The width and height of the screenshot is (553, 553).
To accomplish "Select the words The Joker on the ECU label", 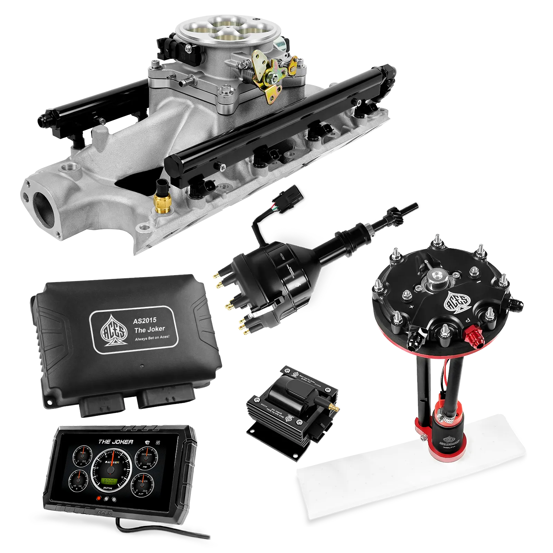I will pyautogui.click(x=149, y=329).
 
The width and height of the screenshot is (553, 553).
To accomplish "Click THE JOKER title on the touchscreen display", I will pyautogui.click(x=115, y=442).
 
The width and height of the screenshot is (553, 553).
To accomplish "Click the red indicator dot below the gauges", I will pyautogui.click(x=99, y=499).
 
